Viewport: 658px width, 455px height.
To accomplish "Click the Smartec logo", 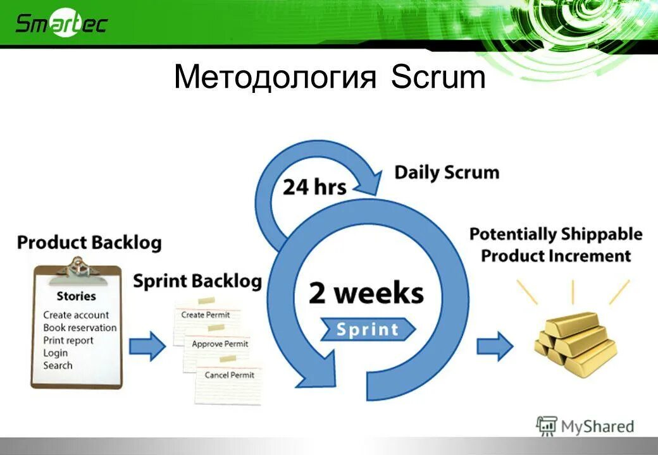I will [x=61, y=23].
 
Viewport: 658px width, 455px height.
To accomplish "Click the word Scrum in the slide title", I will [x=438, y=78].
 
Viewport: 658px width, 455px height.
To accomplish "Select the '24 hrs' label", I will [x=314, y=187].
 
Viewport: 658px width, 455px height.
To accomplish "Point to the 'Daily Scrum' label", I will [x=447, y=173].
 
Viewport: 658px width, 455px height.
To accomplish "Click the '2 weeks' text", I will [x=366, y=294].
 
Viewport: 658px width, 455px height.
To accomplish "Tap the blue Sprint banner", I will [x=367, y=329].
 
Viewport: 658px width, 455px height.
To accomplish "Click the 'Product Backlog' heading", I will [x=89, y=243].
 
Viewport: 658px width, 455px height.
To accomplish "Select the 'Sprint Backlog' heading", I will [x=197, y=281].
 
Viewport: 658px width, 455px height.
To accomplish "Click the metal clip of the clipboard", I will [x=77, y=266].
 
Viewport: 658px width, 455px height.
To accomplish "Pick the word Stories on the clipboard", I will [x=76, y=296].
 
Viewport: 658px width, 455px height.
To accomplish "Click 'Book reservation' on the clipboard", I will [x=80, y=327].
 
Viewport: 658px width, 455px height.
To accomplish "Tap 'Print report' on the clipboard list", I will [x=68, y=340].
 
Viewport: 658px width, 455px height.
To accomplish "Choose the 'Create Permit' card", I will [x=205, y=314].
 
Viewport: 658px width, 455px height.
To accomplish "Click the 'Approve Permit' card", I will [x=220, y=344].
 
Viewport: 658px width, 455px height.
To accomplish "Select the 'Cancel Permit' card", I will [x=229, y=375].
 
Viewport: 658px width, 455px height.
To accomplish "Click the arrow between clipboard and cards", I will [x=147, y=348].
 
